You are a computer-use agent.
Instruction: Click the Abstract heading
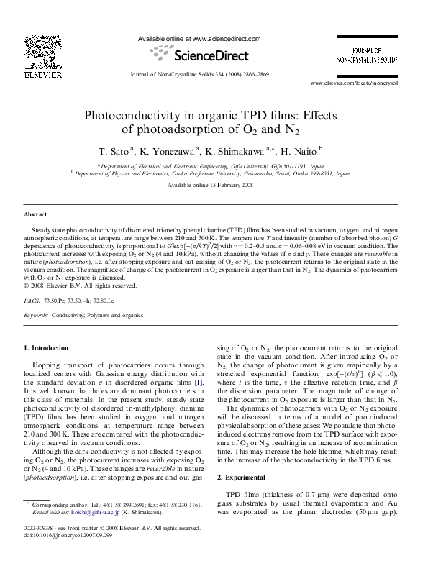click(x=36, y=214)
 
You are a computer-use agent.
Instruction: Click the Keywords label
click(x=37, y=316)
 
